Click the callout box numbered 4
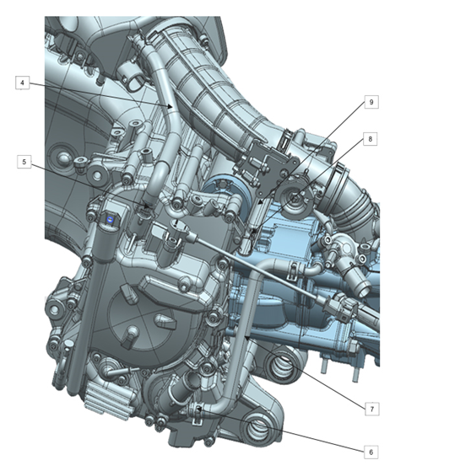click(x=23, y=83)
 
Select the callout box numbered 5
click(x=24, y=162)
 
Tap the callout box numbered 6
click(x=371, y=452)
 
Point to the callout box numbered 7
click(x=372, y=409)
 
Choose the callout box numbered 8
click(x=371, y=139)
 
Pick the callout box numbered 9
click(x=371, y=102)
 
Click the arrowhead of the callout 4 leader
click(x=170, y=106)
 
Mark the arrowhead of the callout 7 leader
click(x=246, y=339)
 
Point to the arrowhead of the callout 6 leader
click(x=199, y=409)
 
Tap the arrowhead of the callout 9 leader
click(x=260, y=202)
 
